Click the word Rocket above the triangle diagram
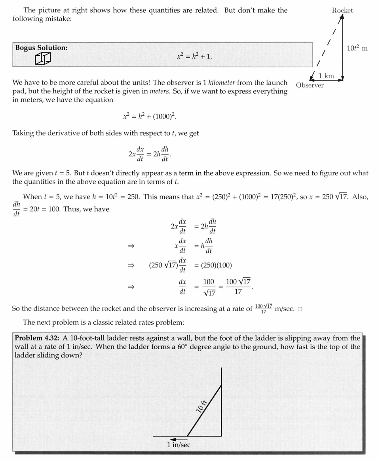click(x=342, y=11)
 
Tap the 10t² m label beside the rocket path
click(x=357, y=48)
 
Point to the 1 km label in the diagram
click(x=326, y=76)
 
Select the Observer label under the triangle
click(x=310, y=85)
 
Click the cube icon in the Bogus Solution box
click(x=43, y=59)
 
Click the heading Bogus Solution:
click(x=41, y=48)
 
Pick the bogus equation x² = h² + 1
click(x=194, y=56)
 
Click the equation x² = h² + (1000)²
click(x=150, y=117)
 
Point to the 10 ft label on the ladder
click(x=202, y=406)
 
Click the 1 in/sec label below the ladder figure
click(x=179, y=445)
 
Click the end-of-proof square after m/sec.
click(x=300, y=309)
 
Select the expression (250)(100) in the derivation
click(x=217, y=265)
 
